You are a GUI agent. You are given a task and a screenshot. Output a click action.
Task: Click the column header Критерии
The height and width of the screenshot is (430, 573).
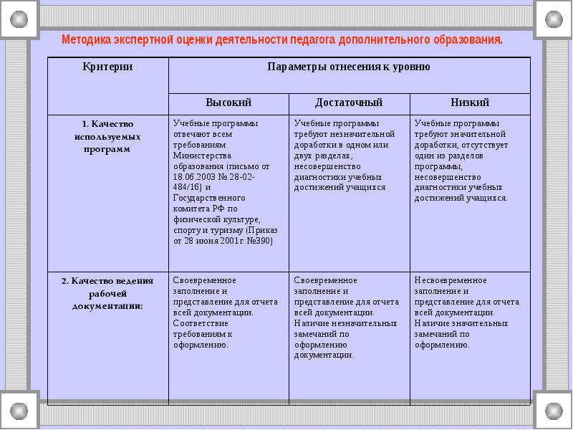point(107,67)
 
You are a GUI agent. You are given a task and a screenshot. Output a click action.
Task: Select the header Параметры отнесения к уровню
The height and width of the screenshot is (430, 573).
point(349,67)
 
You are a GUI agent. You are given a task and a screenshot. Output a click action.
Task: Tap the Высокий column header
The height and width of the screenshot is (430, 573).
point(228,103)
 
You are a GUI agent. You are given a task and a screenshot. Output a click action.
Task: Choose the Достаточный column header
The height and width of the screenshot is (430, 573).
point(349,103)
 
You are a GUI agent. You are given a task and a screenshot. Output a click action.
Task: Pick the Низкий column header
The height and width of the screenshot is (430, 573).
point(470,103)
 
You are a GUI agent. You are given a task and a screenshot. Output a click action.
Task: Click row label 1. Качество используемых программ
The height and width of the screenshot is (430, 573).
point(107,136)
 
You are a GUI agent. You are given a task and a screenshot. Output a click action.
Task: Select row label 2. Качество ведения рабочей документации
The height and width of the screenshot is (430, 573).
point(107,293)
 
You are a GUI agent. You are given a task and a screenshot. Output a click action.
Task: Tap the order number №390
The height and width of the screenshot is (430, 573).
point(259,242)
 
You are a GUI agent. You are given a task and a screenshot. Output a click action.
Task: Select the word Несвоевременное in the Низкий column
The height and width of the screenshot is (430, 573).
point(448,280)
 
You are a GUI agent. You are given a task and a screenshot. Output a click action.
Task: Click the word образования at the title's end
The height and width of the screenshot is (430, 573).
point(468,39)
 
